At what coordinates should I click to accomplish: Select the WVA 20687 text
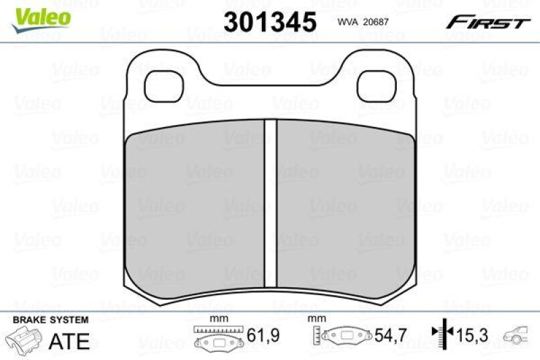click(365, 23)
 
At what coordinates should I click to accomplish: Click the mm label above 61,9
click(217, 318)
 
